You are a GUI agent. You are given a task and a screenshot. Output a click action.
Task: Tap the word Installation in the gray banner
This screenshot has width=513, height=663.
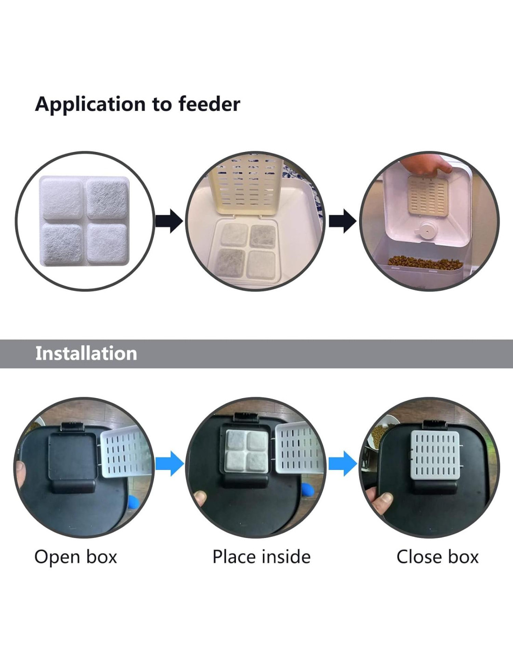(86, 353)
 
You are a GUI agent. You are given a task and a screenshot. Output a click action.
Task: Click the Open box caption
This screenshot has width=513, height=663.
(76, 557)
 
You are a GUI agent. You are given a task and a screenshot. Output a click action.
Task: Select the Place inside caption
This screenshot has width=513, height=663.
(261, 557)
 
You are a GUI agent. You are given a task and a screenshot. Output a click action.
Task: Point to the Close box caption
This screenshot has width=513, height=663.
(437, 557)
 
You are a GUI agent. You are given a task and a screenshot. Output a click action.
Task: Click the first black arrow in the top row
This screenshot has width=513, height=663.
(169, 221)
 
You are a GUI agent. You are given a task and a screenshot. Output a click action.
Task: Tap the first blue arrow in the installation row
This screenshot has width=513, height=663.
(169, 463)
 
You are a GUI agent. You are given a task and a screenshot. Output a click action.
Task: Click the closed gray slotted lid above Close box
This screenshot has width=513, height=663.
(435, 455)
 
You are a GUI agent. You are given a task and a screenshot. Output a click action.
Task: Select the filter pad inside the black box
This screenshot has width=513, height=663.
(247, 450)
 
